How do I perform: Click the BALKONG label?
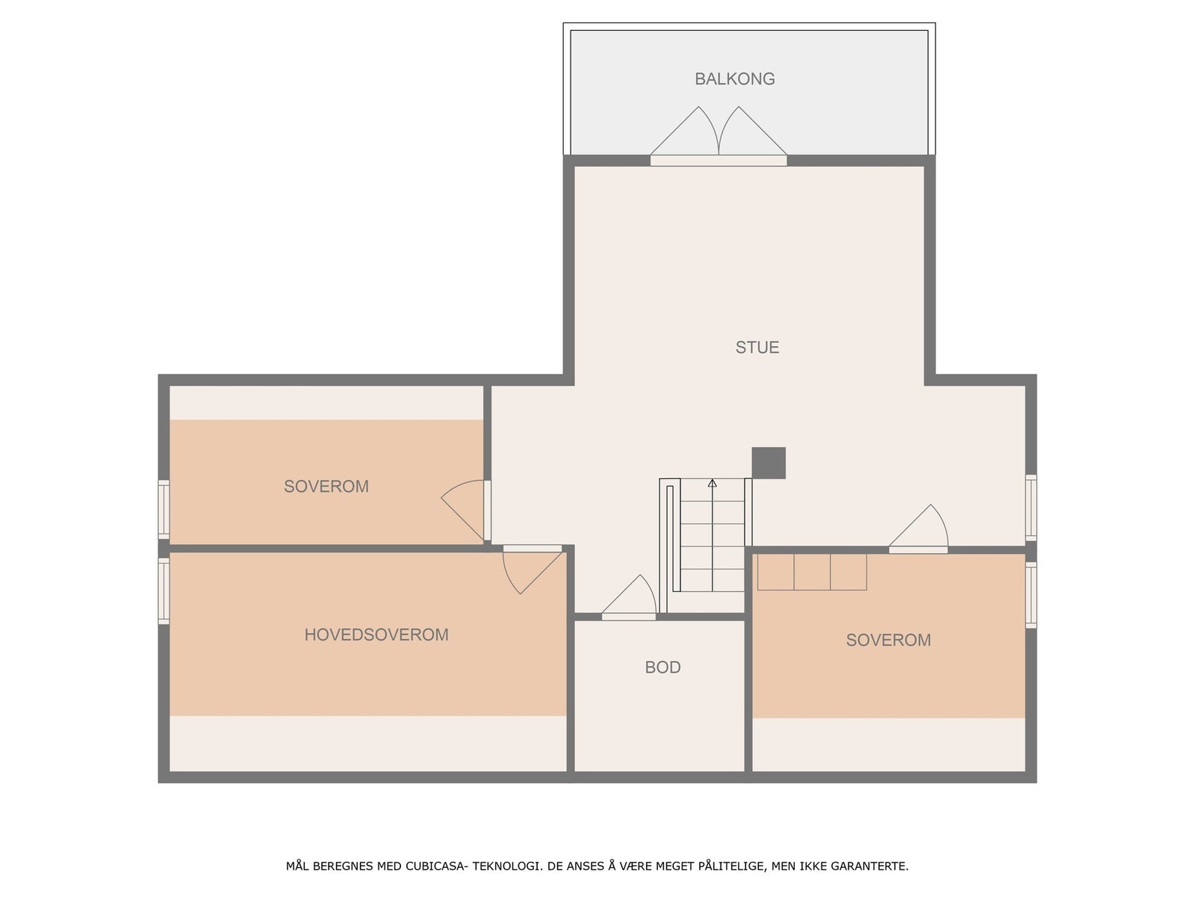click(x=734, y=78)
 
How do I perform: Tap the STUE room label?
click(x=757, y=347)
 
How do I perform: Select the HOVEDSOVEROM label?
click(x=376, y=635)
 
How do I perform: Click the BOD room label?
click(x=662, y=667)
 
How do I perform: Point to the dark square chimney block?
click(x=769, y=463)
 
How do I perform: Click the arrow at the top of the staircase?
click(x=712, y=484)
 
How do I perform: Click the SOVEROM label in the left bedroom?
click(x=326, y=487)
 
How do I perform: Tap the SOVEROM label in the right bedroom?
click(x=888, y=640)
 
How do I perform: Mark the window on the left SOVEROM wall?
click(x=164, y=508)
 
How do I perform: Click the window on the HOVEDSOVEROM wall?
click(x=164, y=591)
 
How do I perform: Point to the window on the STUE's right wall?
click(x=1031, y=507)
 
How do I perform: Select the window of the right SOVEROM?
click(x=1031, y=594)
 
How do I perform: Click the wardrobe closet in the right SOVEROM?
click(x=812, y=572)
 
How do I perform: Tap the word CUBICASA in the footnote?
click(x=436, y=866)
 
